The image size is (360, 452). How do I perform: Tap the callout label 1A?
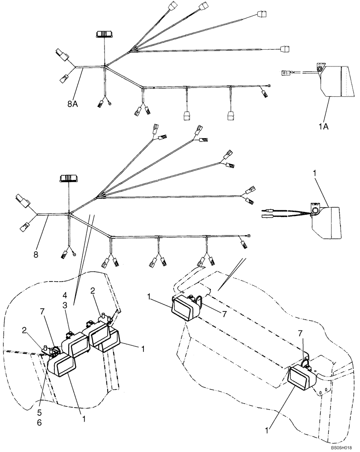323,127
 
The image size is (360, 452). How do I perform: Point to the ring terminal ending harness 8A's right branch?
270,86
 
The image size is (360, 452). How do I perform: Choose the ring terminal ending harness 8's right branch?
247,235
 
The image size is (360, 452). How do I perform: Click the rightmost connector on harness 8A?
284,48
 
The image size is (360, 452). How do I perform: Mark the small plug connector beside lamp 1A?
287,71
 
